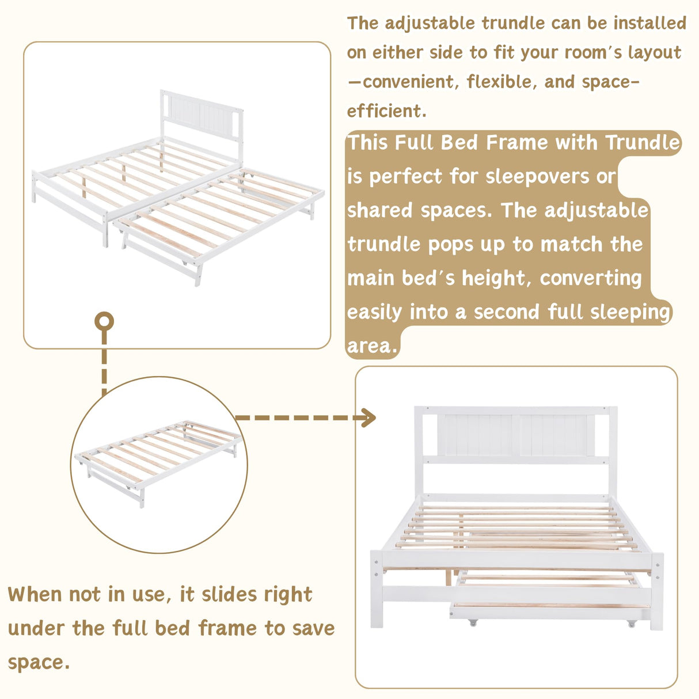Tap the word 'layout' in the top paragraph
point(654,52)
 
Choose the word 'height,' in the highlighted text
point(497,278)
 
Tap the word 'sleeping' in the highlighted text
point(630,312)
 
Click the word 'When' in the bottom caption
point(35,594)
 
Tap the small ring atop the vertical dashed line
point(104,321)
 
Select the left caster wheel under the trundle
point(473,622)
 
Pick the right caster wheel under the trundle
point(632,623)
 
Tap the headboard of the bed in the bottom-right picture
point(515,436)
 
